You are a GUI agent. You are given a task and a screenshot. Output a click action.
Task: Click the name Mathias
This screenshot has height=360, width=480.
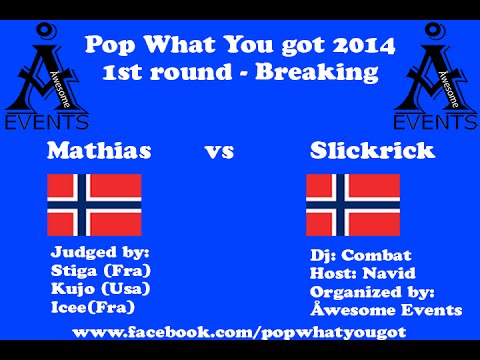pyautogui.click(x=99, y=152)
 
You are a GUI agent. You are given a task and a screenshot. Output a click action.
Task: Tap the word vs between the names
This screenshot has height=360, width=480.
pyautogui.click(x=219, y=153)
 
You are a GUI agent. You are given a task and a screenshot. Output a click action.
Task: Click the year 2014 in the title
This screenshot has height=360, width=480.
pyautogui.click(x=359, y=45)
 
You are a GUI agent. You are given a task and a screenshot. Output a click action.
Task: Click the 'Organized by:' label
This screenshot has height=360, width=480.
pyautogui.click(x=371, y=291)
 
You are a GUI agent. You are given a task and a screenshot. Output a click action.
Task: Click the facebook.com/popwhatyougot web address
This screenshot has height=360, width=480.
pyautogui.click(x=240, y=330)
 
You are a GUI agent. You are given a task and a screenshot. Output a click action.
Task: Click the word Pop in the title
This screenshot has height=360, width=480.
pyautogui.click(x=110, y=45)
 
